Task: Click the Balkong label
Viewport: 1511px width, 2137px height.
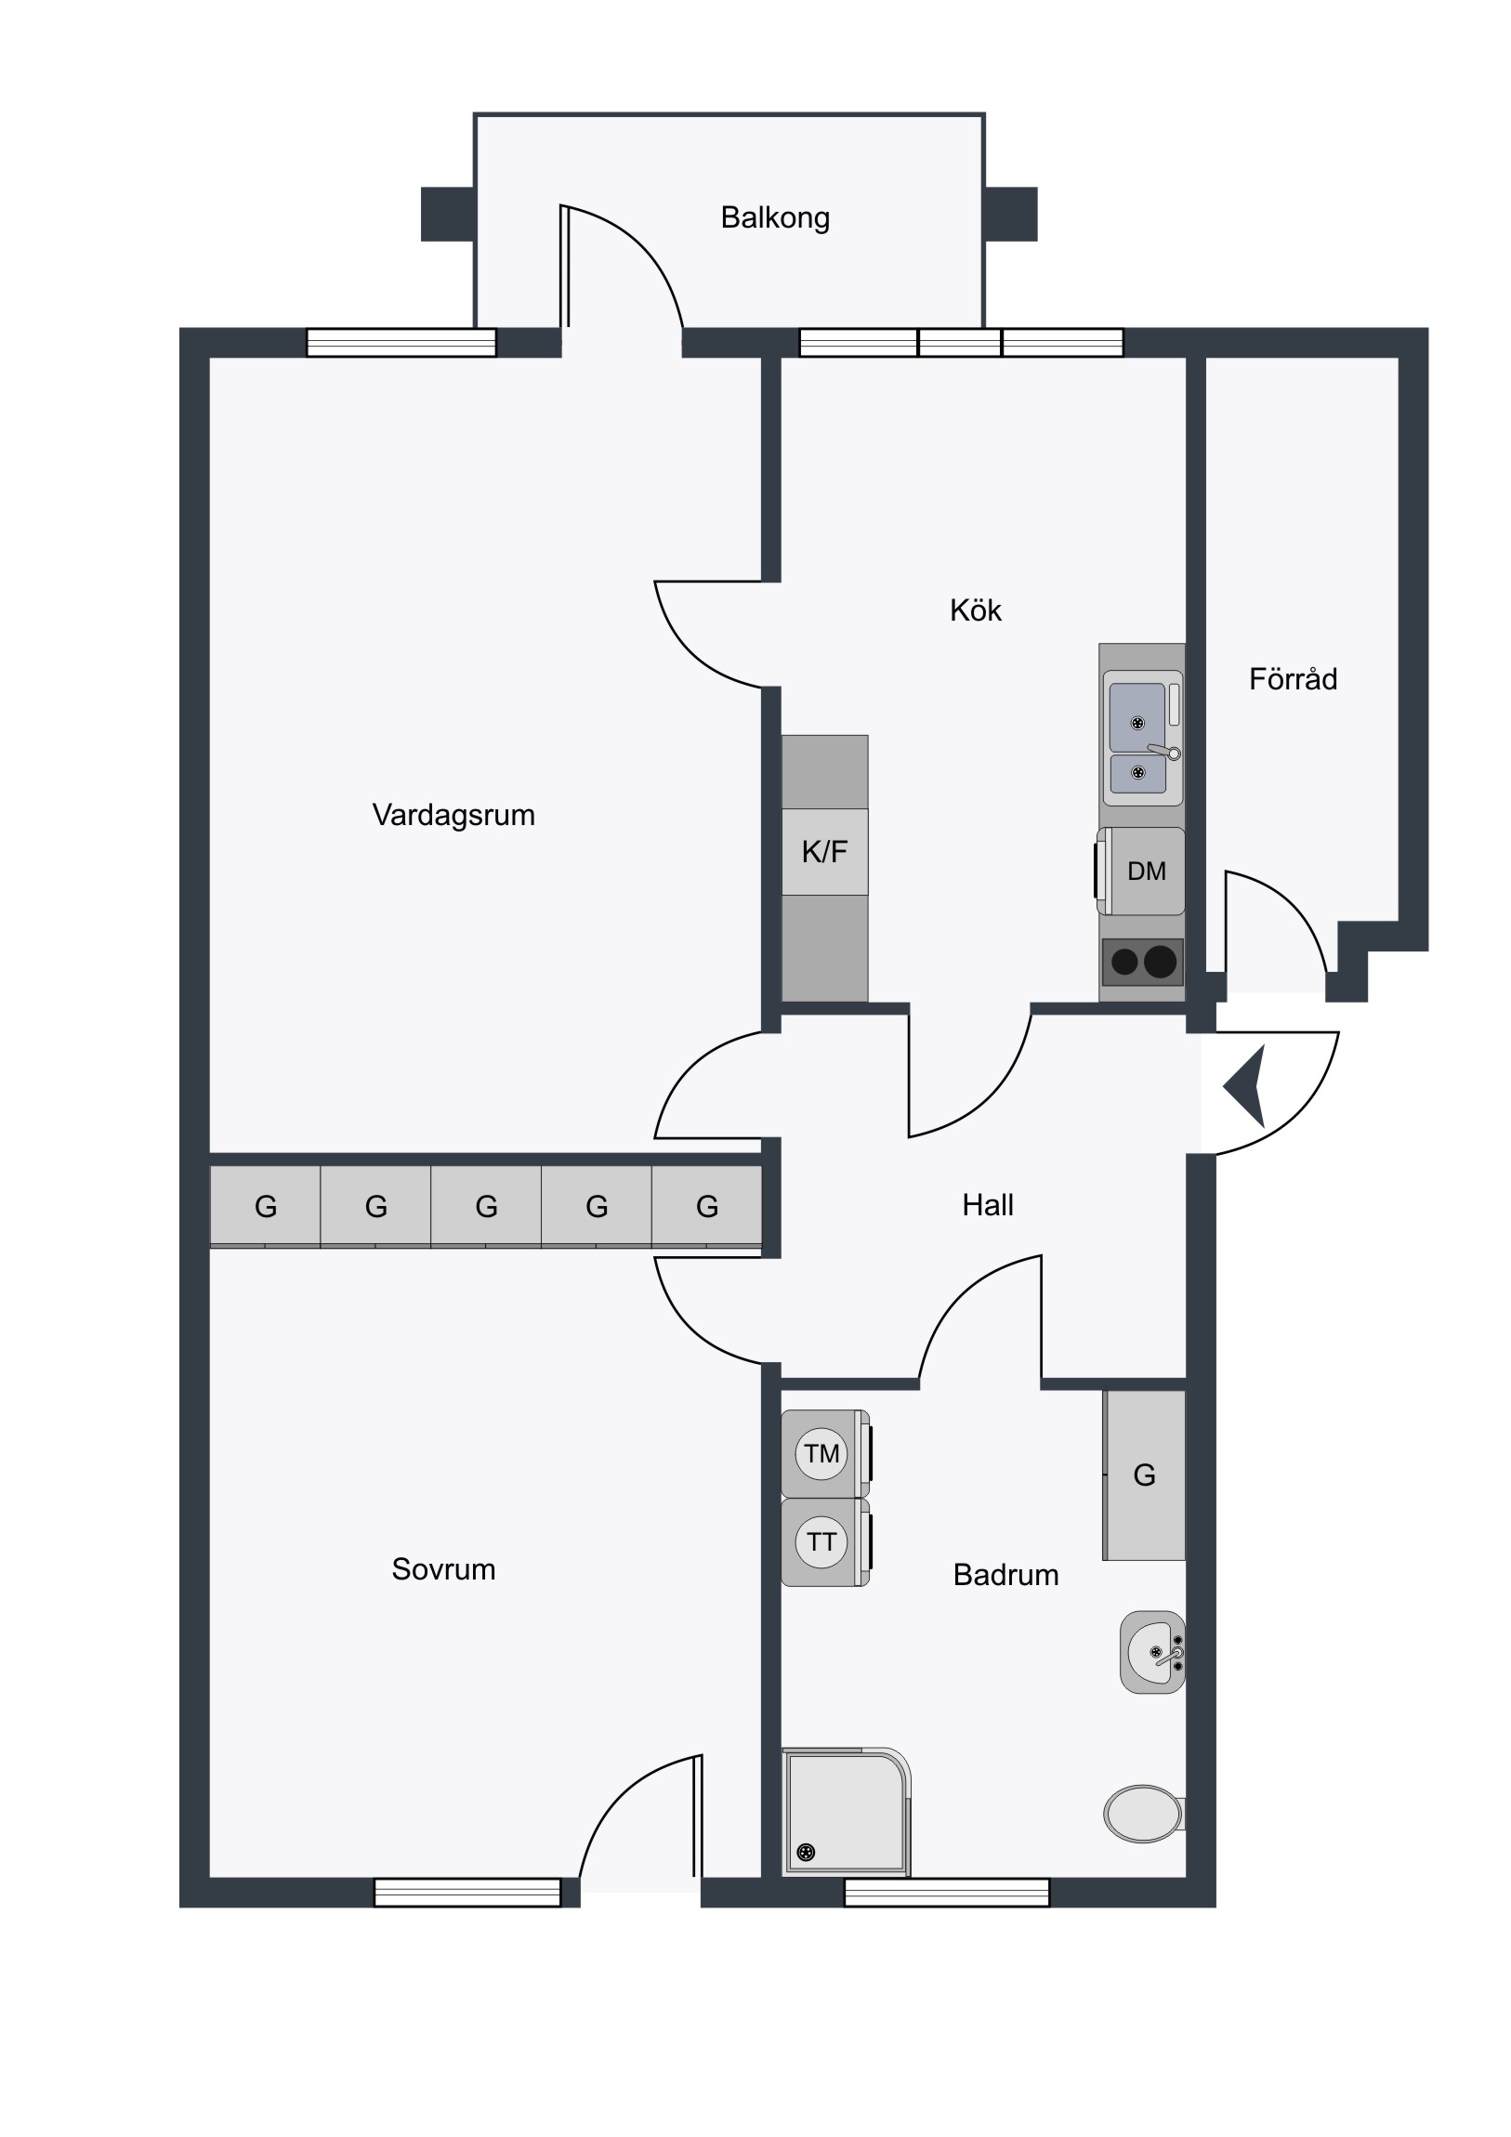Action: pos(775,217)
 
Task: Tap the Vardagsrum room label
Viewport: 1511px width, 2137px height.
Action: pos(453,816)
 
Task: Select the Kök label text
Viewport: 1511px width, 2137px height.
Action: pos(976,610)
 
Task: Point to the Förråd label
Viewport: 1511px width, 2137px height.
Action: pos(1294,678)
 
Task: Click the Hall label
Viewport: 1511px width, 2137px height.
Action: pos(988,1205)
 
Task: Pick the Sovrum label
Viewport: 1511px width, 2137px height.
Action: pos(443,1569)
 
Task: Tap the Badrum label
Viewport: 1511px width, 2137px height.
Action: pos(1005,1575)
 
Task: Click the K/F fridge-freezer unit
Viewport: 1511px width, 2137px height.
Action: pos(825,852)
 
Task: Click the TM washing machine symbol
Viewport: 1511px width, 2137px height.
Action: pos(825,1454)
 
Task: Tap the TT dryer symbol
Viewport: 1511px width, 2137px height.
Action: pos(825,1542)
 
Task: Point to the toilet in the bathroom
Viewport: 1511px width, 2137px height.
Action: pos(1144,1814)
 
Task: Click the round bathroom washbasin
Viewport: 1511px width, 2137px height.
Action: pos(1152,1652)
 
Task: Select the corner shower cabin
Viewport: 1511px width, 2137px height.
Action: pos(846,1811)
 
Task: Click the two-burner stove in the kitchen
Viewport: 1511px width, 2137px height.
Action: pos(1142,962)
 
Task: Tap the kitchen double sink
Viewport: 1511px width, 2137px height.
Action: pos(1143,738)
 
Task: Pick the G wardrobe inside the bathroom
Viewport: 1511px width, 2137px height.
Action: pos(1144,1475)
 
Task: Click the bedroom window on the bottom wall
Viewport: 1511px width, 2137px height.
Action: pos(467,1893)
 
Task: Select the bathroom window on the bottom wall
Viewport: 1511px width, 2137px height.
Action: pos(947,1893)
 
